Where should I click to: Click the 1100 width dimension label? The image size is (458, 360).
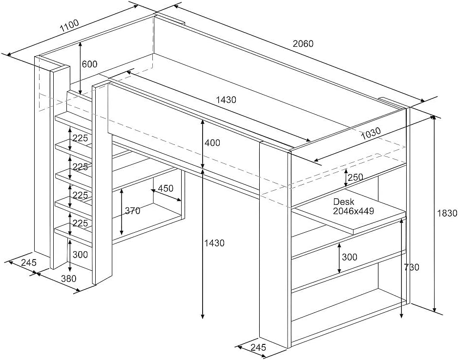point(69,27)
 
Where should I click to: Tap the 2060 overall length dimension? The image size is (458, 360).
point(303,43)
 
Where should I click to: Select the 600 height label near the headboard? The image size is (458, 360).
point(89,64)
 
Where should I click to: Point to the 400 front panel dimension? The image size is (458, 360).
point(212,143)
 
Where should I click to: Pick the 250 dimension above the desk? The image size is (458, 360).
point(355,178)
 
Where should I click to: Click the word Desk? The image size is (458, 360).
point(344,201)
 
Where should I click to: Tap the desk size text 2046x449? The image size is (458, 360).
point(354,211)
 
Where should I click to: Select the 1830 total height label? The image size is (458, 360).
point(447,213)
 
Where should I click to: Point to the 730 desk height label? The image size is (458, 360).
point(412,267)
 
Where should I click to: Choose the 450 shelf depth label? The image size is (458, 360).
point(166,188)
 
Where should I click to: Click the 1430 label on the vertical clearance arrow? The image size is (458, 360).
point(215,243)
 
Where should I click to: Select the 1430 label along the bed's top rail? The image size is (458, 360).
point(226,100)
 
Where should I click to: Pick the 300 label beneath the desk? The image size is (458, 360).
point(350,257)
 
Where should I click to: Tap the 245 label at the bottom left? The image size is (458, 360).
point(29,262)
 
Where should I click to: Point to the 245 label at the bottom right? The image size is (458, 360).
point(258,347)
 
